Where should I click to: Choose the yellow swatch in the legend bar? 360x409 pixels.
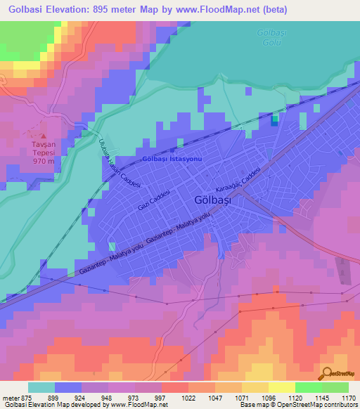pyautogui.click(x=282, y=387)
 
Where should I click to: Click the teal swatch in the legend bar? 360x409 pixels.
pyautogui.click(x=41, y=387)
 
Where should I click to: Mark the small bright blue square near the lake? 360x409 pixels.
pyautogui.click(x=274, y=120)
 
